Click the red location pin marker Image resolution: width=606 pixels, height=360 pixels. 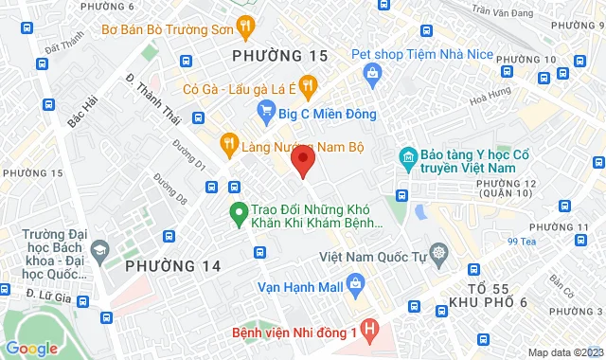pyautogui.click(x=302, y=159)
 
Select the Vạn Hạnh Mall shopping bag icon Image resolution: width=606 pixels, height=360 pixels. pyautogui.click(x=355, y=281)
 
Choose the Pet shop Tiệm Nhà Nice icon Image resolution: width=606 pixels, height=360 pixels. pyautogui.click(x=373, y=73)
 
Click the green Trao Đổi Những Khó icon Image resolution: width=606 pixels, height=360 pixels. pyautogui.click(x=238, y=212)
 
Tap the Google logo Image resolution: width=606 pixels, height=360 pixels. pyautogui.click(x=31, y=348)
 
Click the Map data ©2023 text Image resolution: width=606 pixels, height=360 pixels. pyautogui.click(x=562, y=352)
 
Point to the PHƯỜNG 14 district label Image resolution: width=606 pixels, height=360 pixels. pyautogui.click(x=173, y=266)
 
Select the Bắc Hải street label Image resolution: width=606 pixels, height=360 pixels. pyautogui.click(x=83, y=107)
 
